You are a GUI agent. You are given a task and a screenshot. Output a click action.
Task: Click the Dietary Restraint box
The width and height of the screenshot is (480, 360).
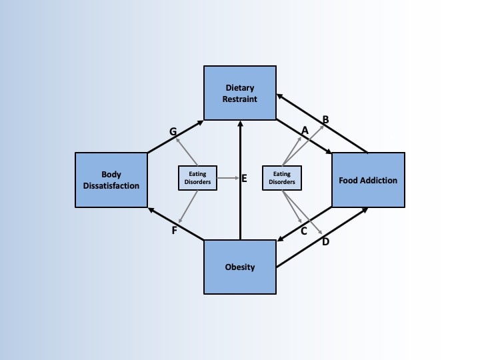pos(239,93)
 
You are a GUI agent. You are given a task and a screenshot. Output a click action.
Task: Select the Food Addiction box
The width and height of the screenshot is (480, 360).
pos(368,180)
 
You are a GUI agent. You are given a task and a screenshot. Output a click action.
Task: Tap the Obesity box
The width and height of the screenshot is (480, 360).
pos(239,267)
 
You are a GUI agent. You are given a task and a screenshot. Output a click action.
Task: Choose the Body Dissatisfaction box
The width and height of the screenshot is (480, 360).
pos(111,180)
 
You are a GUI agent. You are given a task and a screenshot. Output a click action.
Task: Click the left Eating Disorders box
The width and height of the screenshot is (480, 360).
pos(198,178)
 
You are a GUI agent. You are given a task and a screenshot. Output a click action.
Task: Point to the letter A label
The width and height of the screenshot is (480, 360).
pos(305,131)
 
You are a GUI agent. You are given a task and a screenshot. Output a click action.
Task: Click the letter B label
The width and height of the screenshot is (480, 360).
pos(326,120)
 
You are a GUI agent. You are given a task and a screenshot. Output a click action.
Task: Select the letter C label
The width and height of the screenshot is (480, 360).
pos(303,231)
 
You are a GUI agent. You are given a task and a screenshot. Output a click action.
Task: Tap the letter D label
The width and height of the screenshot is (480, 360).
pos(325,242)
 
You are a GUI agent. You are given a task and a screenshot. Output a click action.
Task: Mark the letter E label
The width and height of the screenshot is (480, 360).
pos(244,179)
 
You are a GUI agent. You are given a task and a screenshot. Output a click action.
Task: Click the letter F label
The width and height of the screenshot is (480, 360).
pos(174,231)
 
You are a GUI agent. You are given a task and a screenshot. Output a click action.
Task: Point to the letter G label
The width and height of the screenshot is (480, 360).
pos(173,132)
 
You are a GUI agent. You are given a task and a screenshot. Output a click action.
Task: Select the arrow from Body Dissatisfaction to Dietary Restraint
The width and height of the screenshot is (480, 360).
pos(175,137)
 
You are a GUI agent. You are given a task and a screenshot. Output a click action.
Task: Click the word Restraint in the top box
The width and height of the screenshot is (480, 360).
pos(239,99)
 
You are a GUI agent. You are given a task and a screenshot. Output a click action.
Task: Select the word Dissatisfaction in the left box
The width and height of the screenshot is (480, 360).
pos(111,186)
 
